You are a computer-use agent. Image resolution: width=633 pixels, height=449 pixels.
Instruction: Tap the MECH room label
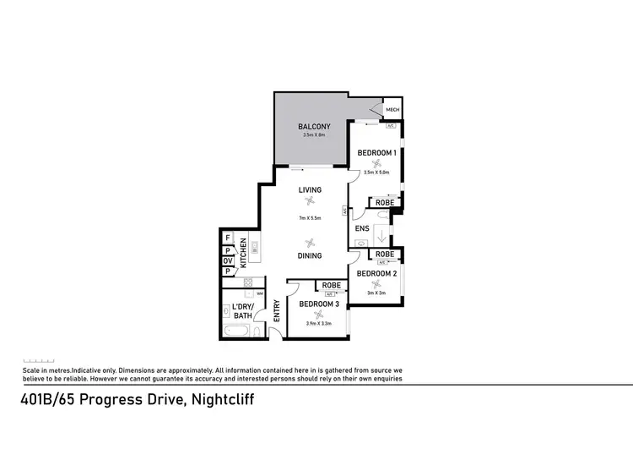click(x=392, y=111)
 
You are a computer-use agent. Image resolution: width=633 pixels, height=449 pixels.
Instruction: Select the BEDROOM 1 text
click(x=376, y=152)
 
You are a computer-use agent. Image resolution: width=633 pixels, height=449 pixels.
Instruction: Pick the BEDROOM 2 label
click(x=376, y=274)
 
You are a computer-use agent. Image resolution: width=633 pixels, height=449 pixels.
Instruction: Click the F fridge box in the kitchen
click(x=228, y=239)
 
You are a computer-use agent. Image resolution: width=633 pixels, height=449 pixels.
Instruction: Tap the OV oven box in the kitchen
click(x=228, y=260)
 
